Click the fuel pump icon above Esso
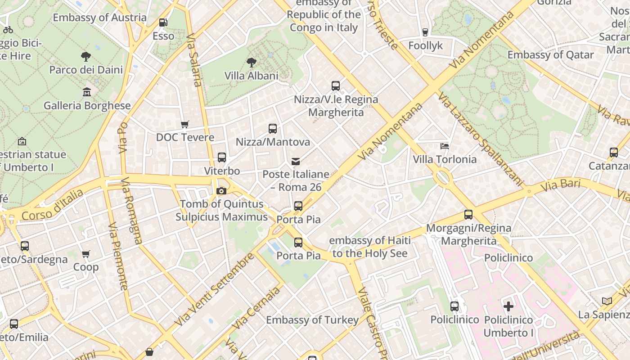pos(163,22)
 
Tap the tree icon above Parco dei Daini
pos(85,56)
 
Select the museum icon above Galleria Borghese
pos(87,92)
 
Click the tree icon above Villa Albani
pos(251,63)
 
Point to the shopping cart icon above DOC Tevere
pos(184,124)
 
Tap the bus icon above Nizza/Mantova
pos(273,129)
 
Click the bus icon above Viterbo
pos(222,157)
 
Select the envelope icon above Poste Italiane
pos(296,161)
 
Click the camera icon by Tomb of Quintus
pos(221,191)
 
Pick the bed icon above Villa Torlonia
pos(445,146)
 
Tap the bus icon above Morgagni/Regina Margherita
pos(468,215)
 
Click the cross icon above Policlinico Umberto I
pos(508,306)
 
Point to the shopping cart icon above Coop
pos(86,254)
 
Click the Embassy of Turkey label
pos(312,320)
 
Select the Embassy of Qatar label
pos(550,55)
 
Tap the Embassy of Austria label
pos(99,18)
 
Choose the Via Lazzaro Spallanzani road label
pos(481,139)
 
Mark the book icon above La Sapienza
pos(607,301)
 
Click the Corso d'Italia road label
pos(52,205)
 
